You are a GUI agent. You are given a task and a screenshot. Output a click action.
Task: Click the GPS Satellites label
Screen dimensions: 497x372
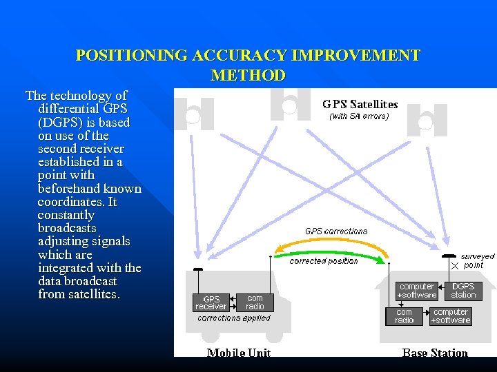click(x=360, y=105)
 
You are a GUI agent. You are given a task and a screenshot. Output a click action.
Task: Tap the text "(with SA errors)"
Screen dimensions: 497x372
click(x=359, y=116)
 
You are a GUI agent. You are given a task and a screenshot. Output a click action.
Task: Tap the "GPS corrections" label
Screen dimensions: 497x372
click(x=336, y=231)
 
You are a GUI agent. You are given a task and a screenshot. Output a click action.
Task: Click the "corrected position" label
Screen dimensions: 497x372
click(x=323, y=261)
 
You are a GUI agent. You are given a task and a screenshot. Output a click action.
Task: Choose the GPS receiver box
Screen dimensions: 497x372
click(x=211, y=302)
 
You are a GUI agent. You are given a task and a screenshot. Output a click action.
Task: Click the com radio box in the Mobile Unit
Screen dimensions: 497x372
click(x=255, y=302)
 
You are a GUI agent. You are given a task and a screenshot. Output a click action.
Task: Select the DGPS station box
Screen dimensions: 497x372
click(x=463, y=291)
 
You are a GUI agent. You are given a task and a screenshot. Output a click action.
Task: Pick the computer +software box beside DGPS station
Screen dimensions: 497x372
click(x=417, y=291)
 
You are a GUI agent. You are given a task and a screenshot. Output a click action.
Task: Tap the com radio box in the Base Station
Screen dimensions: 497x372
click(x=404, y=316)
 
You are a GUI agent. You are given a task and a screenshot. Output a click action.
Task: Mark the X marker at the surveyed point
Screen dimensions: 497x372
click(x=454, y=265)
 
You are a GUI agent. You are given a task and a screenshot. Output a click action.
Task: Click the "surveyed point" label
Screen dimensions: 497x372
click(x=477, y=261)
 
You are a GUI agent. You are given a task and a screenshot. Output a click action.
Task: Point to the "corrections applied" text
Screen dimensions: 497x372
click(x=234, y=318)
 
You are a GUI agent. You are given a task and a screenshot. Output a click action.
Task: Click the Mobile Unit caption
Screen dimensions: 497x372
click(x=239, y=353)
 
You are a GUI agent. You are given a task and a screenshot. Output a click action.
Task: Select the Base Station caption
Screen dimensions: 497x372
click(x=435, y=353)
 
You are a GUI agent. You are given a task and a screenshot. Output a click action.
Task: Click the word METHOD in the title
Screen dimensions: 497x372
click(x=248, y=75)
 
